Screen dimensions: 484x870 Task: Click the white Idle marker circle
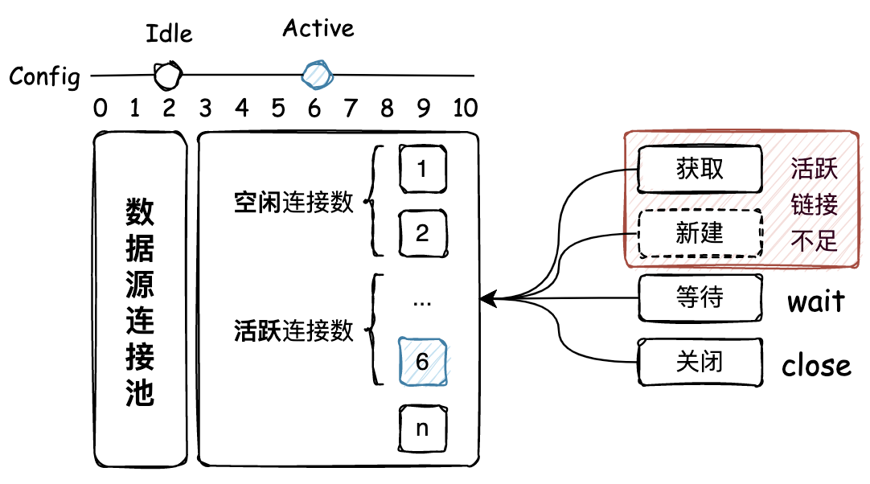[168, 76]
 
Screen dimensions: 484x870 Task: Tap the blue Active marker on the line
[318, 74]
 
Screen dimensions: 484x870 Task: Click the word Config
[45, 77]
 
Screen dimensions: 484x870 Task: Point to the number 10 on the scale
[466, 108]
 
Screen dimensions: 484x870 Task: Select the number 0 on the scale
[100, 108]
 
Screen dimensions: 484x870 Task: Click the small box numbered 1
[423, 170]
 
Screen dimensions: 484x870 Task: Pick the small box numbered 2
[423, 234]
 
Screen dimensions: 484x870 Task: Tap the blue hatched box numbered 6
[423, 362]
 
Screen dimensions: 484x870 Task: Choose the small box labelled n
[423, 428]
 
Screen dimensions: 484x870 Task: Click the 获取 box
[700, 169]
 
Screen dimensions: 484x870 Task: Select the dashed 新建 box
[700, 234]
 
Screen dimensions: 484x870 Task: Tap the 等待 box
[700, 298]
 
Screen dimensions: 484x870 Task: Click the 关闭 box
[700, 362]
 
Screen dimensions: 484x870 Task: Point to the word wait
[815, 301]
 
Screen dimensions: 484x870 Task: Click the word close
[816, 366]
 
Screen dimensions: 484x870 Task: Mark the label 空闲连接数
[294, 202]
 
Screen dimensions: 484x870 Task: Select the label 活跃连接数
[294, 330]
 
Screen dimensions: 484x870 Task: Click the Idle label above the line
[169, 34]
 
